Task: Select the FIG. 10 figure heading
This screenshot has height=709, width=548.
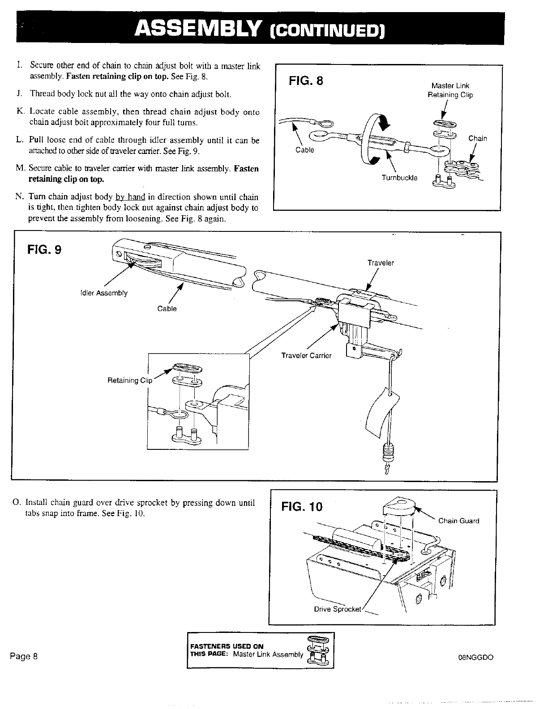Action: click(301, 507)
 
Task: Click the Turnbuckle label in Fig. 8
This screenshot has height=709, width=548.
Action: click(399, 178)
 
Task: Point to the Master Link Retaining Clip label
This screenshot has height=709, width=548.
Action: click(450, 90)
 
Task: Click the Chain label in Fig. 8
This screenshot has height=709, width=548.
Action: click(477, 138)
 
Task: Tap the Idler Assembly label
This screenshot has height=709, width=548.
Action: click(104, 293)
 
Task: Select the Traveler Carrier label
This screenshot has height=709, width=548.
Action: click(306, 355)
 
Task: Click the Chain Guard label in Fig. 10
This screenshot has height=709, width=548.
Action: click(458, 521)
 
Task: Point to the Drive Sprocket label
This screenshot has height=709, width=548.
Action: click(337, 609)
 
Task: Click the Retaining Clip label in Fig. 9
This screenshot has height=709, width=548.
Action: click(130, 380)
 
